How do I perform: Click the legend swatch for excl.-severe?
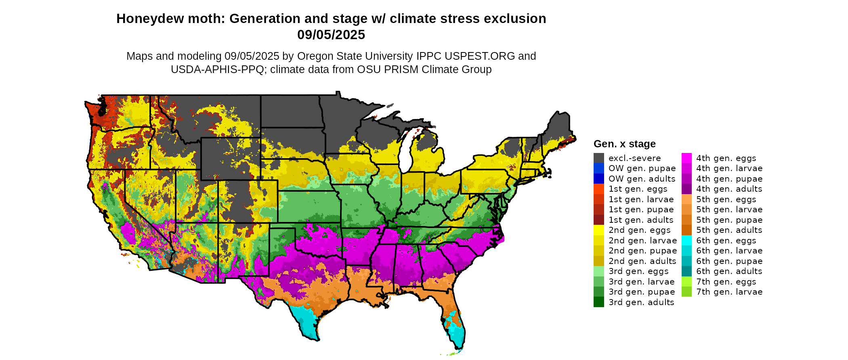pos(598,158)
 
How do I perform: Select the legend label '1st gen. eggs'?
pos(638,189)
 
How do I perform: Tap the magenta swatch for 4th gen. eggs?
pos(686,158)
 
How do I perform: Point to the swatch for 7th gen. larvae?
pos(686,292)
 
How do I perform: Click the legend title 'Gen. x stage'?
pos(624,144)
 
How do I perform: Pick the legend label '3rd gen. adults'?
pos(641,302)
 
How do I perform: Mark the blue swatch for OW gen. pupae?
pos(598,168)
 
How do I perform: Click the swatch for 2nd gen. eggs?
pos(598,230)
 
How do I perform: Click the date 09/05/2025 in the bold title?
pos(331,35)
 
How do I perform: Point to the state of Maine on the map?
pos(559,129)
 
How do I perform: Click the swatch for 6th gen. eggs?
pos(686,241)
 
